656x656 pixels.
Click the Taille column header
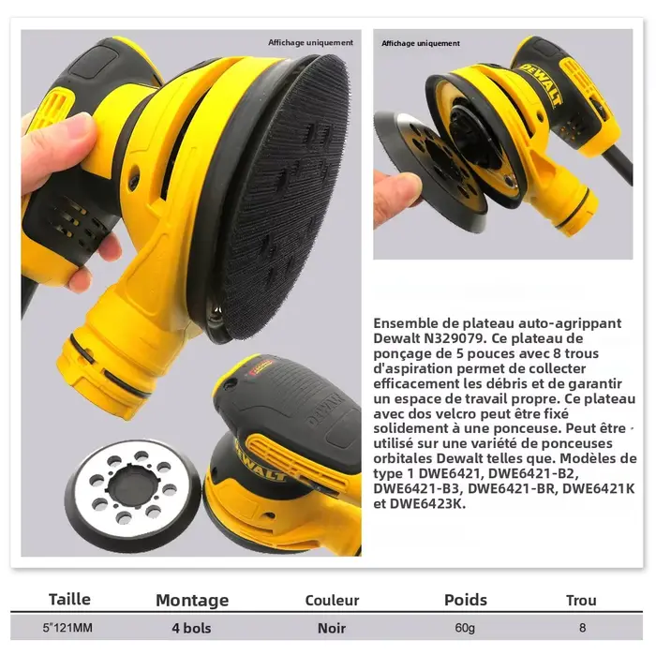click(69, 599)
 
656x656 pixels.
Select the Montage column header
click(192, 601)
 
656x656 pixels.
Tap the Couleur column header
click(332, 600)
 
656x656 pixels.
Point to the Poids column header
click(466, 600)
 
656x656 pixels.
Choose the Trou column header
click(581, 601)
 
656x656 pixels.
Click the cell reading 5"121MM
click(67, 628)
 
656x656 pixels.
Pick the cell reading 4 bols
click(191, 628)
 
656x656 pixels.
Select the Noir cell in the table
click(332, 628)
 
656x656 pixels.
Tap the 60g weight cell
click(465, 628)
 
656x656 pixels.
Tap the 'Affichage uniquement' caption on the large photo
click(310, 43)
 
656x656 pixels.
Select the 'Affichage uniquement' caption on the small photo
click(421, 43)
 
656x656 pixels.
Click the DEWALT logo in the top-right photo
click(540, 84)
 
